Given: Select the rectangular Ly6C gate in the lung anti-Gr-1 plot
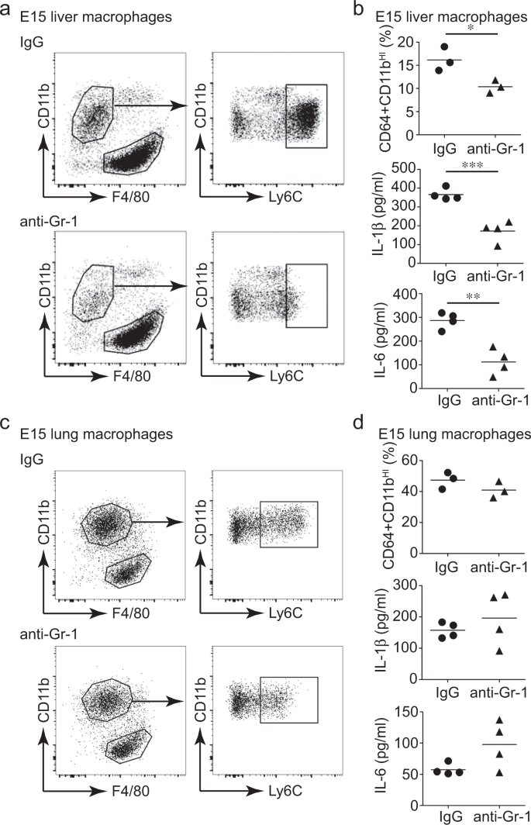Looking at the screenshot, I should pos(288,700).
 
